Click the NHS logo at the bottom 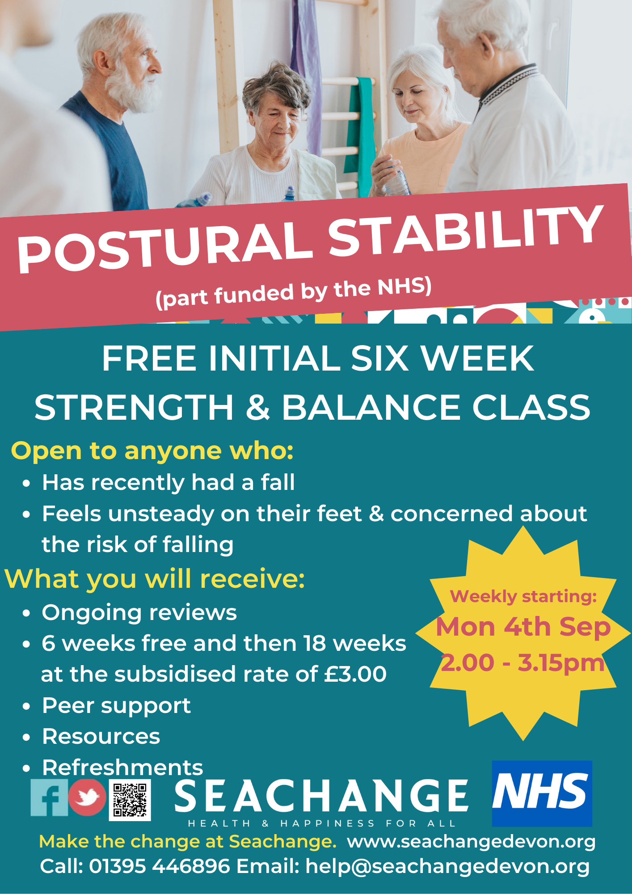tap(542, 793)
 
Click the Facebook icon tap(49, 797)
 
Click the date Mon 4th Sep tap(523, 627)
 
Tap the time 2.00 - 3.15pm tap(523, 663)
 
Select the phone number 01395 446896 tap(160, 866)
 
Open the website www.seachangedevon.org tap(472, 842)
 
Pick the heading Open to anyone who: tap(152, 451)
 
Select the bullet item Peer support tap(116, 706)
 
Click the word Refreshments tap(122, 767)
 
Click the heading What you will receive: tap(155, 579)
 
